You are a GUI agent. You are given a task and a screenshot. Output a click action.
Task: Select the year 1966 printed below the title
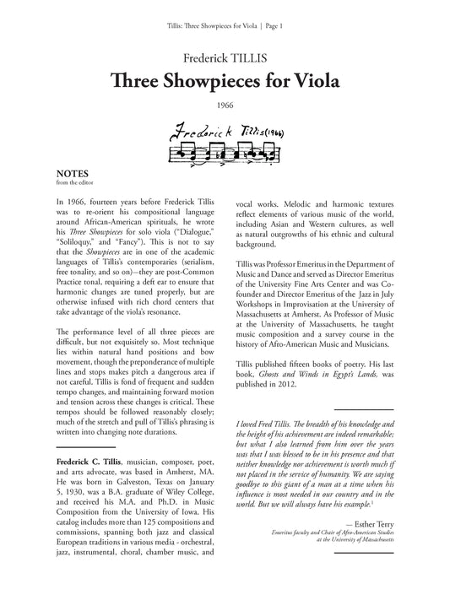pos(225,106)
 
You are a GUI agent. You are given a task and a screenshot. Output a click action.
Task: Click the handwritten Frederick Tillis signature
pos(228,132)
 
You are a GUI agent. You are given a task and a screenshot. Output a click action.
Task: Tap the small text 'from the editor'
pos(70,180)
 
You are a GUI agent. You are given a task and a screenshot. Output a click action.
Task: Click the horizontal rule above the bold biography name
pos(84,446)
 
